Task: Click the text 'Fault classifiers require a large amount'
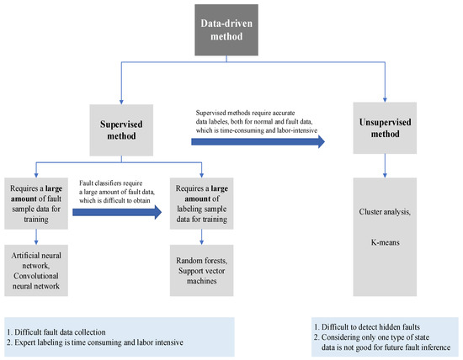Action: (118, 188)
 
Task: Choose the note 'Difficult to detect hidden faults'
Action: (368, 325)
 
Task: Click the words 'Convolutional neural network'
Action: (36, 275)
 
